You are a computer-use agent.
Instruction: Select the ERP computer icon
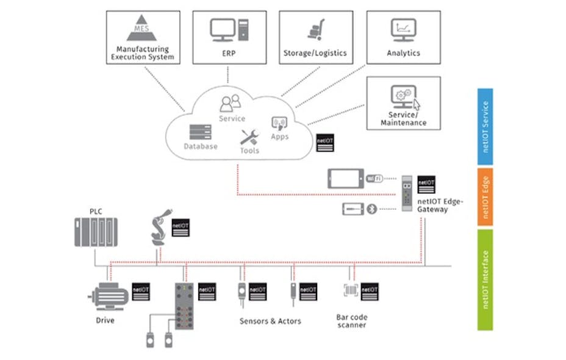pyautogui.click(x=227, y=30)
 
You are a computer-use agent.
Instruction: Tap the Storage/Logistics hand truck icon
pyautogui.click(x=315, y=30)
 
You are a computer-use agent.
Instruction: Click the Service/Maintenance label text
pyautogui.click(x=403, y=119)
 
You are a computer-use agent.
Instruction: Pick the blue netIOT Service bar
pyautogui.click(x=485, y=127)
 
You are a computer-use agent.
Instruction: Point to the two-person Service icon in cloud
pyautogui.click(x=231, y=104)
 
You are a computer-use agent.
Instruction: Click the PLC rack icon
pyautogui.click(x=94, y=232)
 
